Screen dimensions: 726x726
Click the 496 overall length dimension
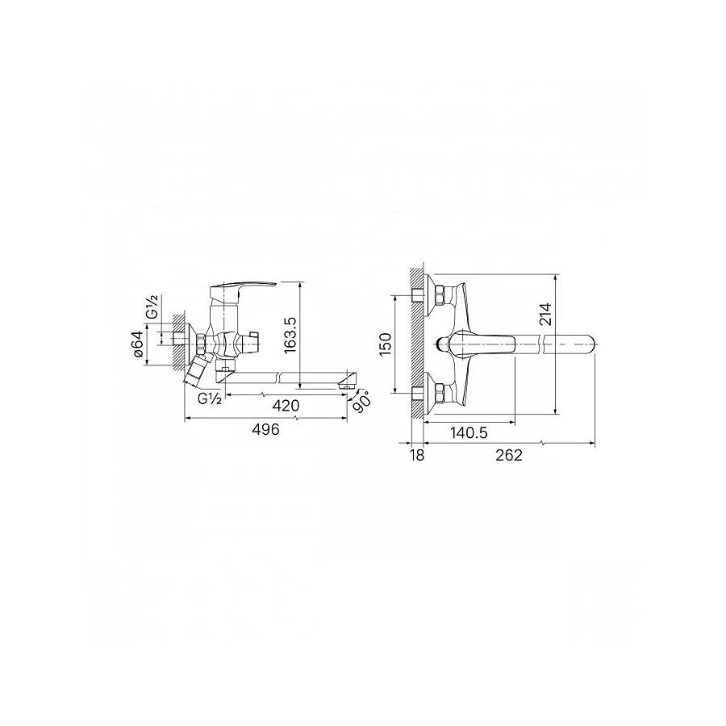[265, 429]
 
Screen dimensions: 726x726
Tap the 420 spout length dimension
[286, 406]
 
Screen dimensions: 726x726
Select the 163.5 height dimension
[290, 335]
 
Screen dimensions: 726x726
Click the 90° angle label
[361, 401]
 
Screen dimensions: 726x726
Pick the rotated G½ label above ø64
[152, 307]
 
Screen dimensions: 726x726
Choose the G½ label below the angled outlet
[209, 398]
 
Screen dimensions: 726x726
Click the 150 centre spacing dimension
[386, 344]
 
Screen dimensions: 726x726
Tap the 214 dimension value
[546, 315]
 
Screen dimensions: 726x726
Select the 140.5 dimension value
[469, 433]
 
